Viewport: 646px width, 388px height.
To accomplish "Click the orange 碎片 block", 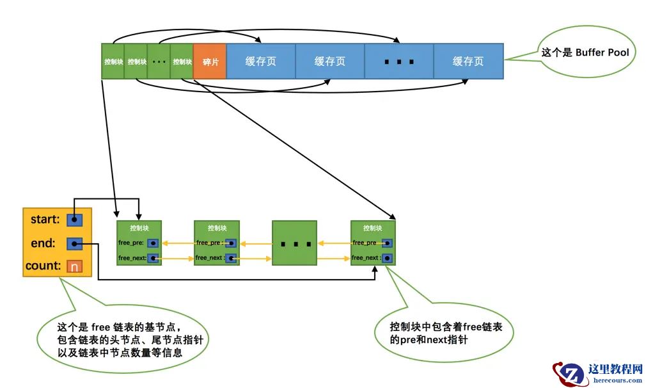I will [210, 61].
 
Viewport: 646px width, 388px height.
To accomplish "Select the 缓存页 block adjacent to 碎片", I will [261, 61].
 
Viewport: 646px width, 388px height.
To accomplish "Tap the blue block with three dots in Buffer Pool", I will [398, 61].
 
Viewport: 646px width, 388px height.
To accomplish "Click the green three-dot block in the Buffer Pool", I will [159, 61].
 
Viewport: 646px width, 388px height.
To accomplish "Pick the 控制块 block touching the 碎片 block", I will [182, 61].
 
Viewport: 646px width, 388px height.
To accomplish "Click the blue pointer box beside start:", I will [75, 220].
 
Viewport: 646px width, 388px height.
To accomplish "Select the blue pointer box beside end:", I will [75, 244].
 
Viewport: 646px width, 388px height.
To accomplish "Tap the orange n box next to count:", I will [75, 266].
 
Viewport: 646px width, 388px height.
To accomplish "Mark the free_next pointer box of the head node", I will [154, 259].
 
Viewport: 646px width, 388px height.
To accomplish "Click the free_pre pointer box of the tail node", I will [387, 243].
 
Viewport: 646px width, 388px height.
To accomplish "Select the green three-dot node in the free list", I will [294, 243].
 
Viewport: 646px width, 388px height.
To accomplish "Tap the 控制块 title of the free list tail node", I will [373, 228].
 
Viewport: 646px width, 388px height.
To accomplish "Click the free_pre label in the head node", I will [132, 243].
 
